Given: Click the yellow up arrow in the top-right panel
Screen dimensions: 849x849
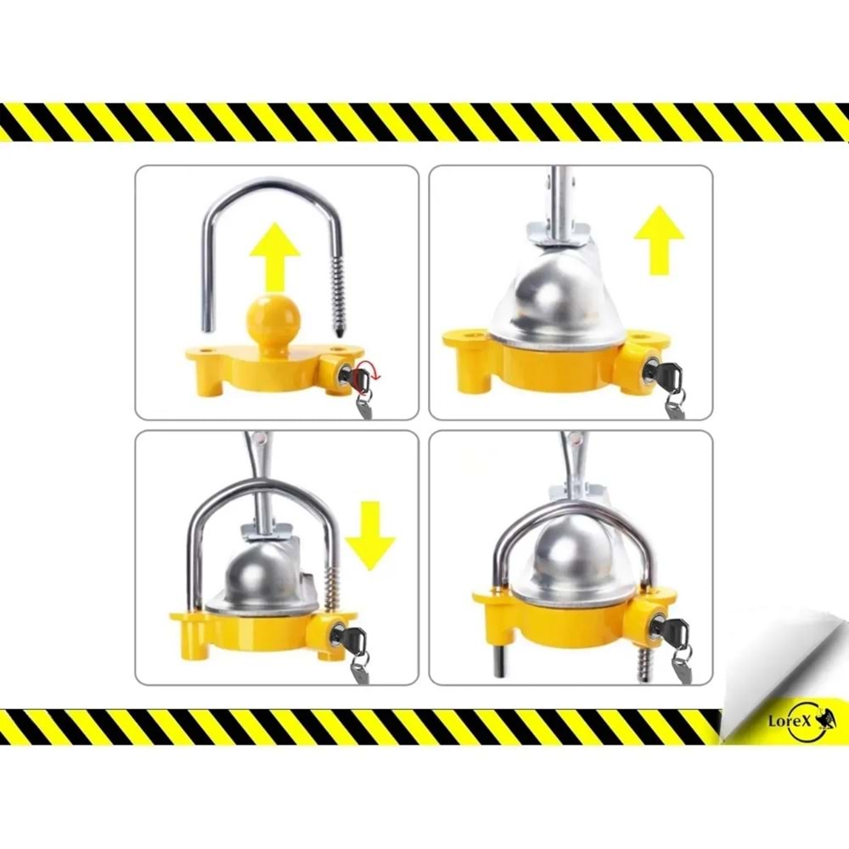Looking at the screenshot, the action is point(659,240).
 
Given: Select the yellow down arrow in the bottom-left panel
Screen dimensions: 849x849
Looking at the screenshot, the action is point(370,536).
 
